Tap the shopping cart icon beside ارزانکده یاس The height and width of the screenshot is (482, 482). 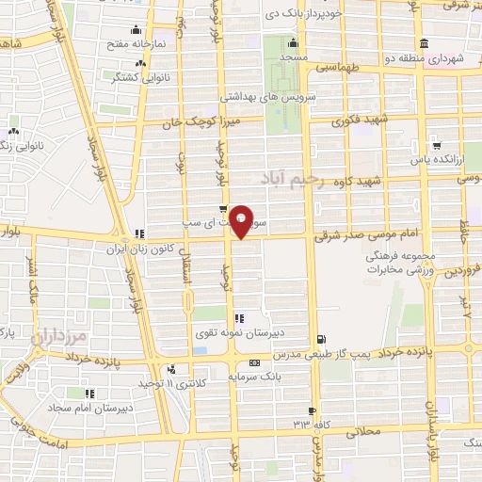pos(437,145)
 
